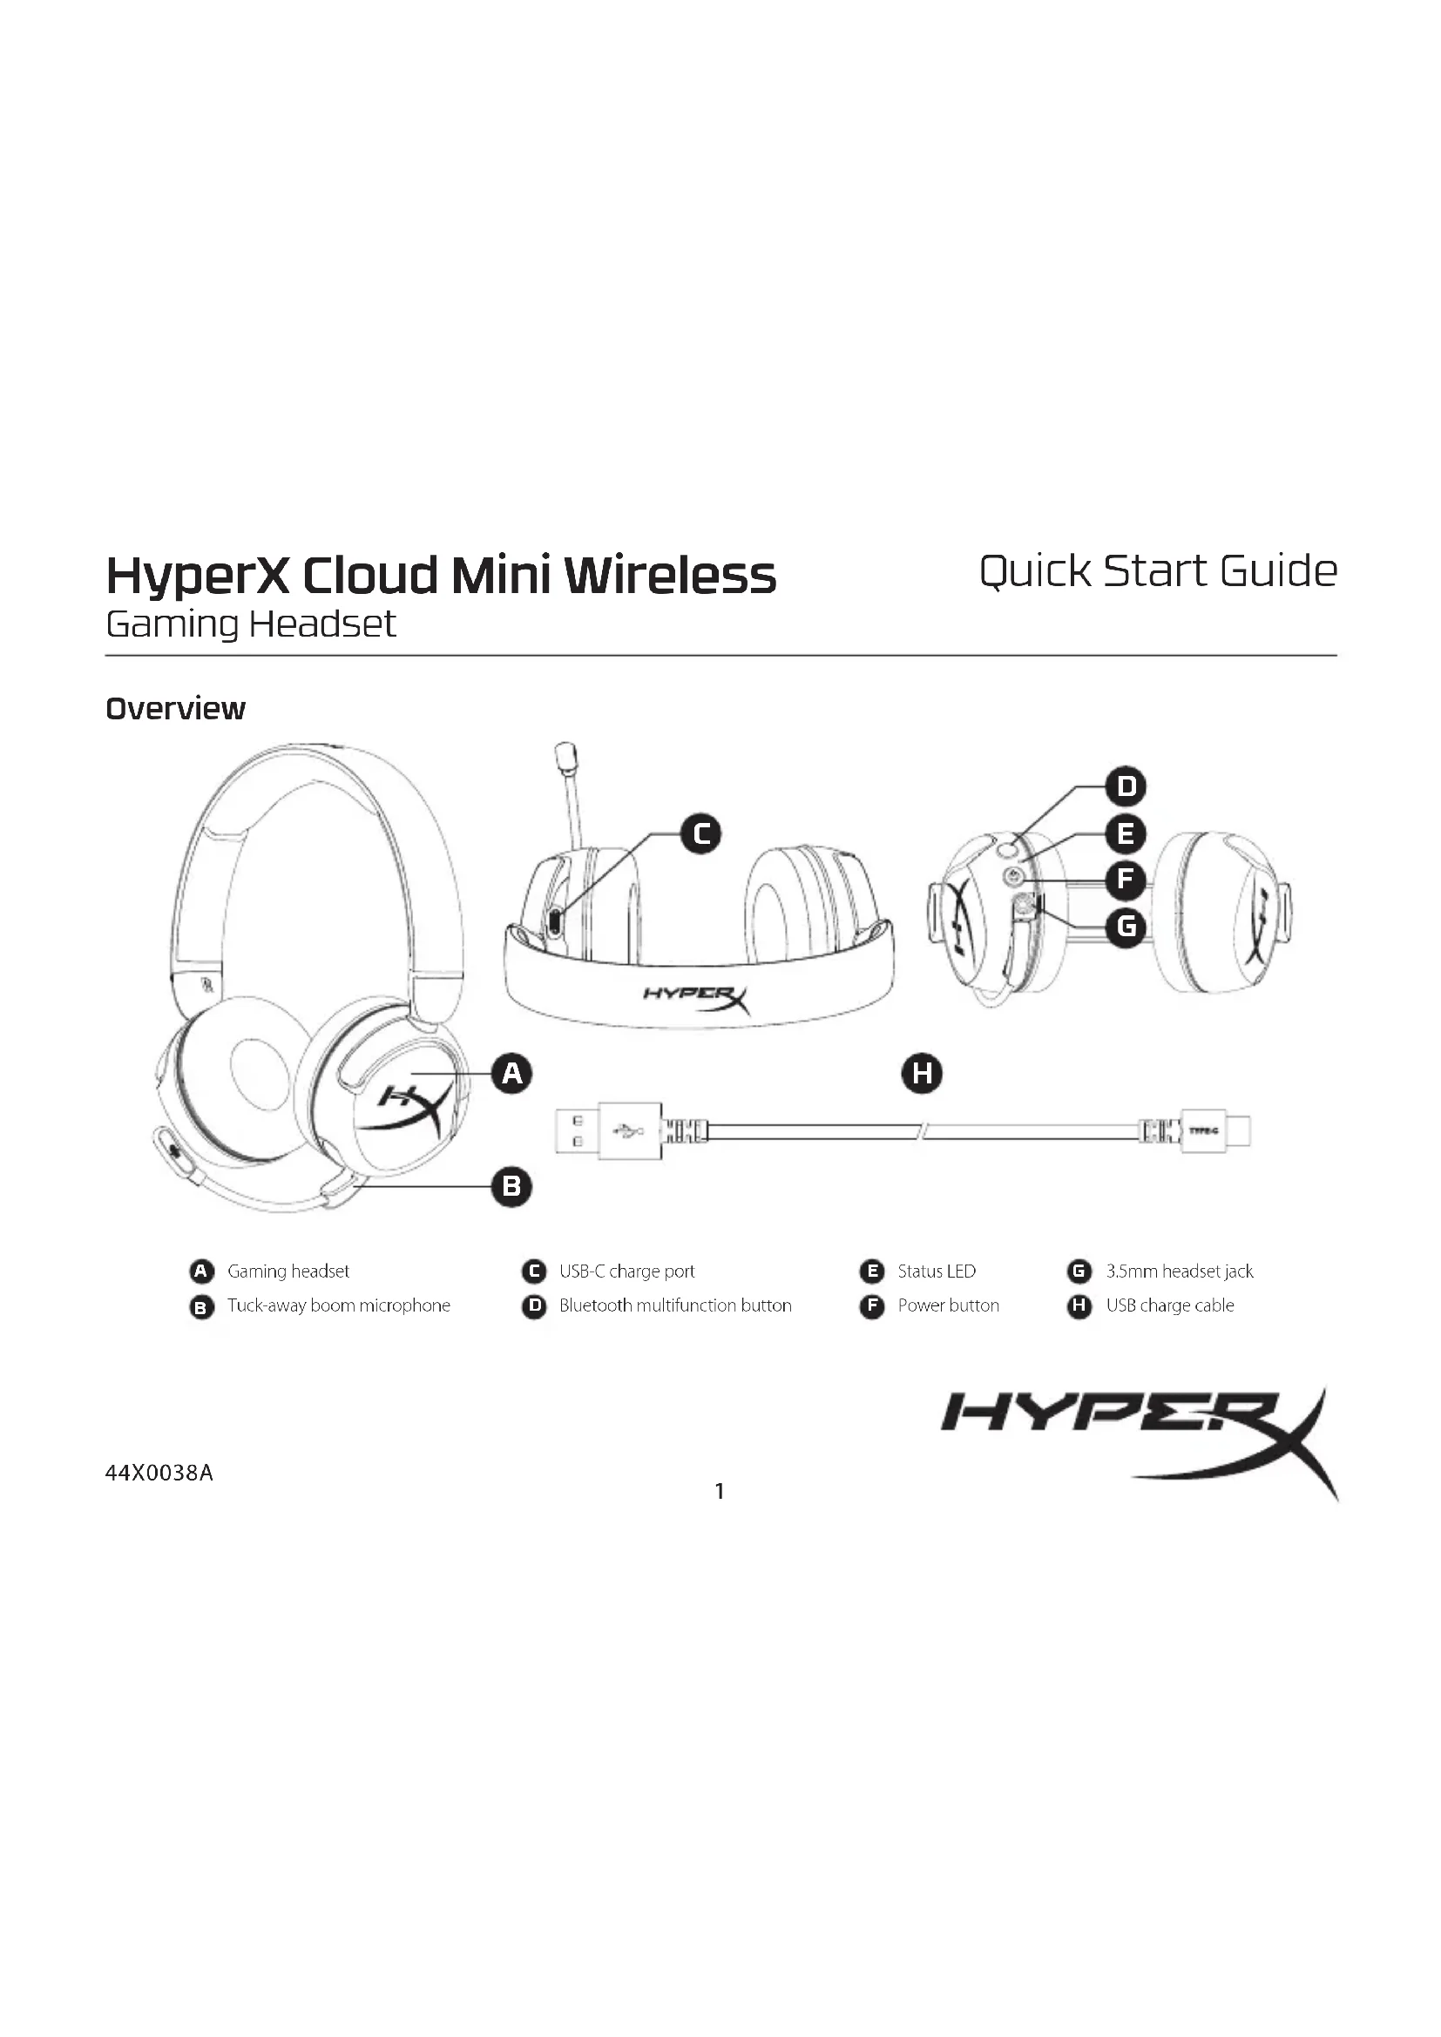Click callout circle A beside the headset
tap(512, 1074)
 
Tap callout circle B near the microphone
tap(512, 1187)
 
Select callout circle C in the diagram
tap(701, 834)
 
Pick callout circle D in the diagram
tap(1126, 787)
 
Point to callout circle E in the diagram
tap(1126, 834)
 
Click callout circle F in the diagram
tap(1126, 880)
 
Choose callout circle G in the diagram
tap(1126, 927)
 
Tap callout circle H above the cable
tap(922, 1074)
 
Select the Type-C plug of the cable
tap(1212, 1131)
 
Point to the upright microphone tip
tap(566, 757)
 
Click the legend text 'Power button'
tap(948, 1306)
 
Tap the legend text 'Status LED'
tap(936, 1271)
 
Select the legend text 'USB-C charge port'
tap(626, 1271)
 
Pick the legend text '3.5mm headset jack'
tap(1180, 1271)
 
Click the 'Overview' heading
tap(176, 709)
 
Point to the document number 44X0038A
tap(159, 1474)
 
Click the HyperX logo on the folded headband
tap(697, 998)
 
